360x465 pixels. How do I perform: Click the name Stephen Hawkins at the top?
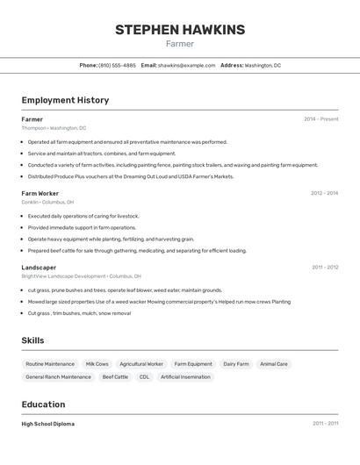tap(180, 30)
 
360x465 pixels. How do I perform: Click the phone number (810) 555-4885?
tap(117, 65)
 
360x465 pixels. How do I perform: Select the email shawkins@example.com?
tap(186, 65)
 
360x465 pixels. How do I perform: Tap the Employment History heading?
tap(65, 100)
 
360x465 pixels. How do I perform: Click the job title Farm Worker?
tap(40, 193)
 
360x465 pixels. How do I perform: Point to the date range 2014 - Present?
tap(320, 119)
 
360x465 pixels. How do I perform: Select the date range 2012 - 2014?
tap(324, 193)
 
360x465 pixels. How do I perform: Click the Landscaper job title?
tap(39, 268)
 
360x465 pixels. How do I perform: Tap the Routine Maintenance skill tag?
tap(50, 363)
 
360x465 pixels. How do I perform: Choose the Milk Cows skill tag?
tap(97, 363)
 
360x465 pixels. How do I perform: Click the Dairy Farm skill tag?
tap(235, 363)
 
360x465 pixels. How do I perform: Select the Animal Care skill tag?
tap(274, 363)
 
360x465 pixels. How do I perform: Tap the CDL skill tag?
tap(144, 377)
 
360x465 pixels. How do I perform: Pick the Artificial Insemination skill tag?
tap(185, 377)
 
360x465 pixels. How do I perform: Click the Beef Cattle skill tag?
tap(115, 377)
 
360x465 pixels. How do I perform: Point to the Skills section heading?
tap(32, 340)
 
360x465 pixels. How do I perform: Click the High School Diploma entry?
tap(48, 424)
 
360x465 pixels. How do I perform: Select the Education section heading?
tap(43, 404)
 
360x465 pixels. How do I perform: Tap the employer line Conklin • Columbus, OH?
tap(47, 202)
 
